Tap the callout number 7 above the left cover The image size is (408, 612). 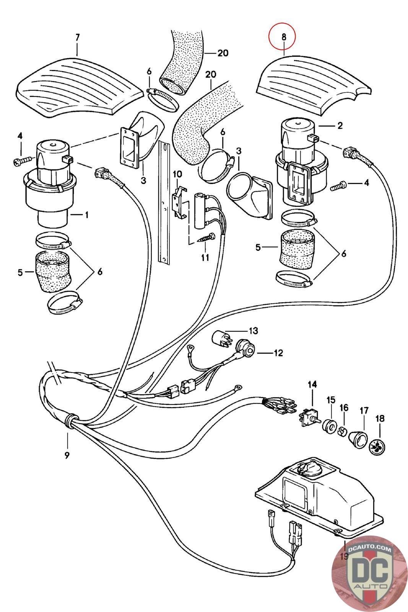[77, 37]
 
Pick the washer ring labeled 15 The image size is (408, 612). [328, 426]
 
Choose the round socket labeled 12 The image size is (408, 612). [243, 347]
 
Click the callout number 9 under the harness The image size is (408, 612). [67, 455]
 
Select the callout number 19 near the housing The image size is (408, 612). [343, 555]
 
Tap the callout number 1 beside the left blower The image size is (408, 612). [86, 215]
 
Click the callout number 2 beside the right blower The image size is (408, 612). [340, 125]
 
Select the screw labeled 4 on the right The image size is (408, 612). [338, 186]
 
